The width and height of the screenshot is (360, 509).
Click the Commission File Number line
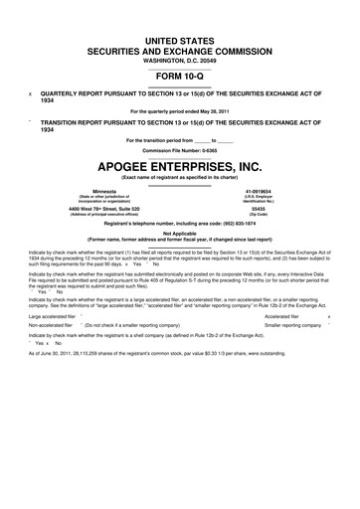180,148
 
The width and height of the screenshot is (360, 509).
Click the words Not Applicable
180,233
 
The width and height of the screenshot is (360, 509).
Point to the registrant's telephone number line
180,224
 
